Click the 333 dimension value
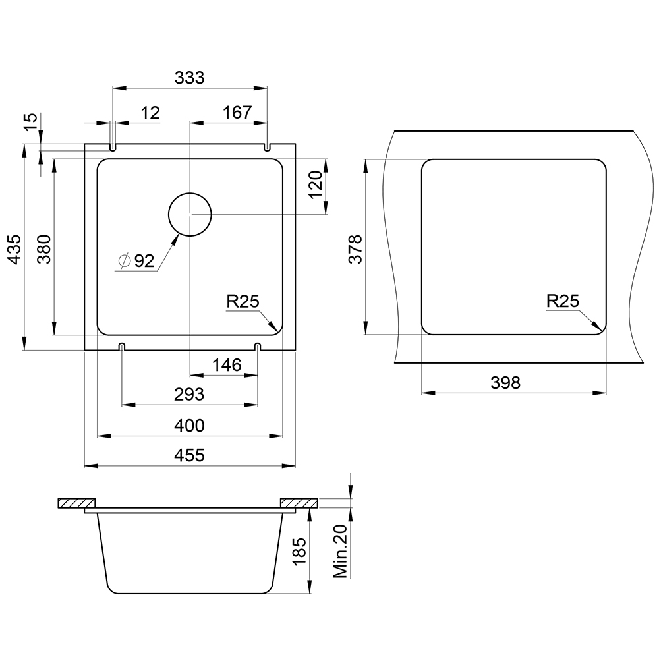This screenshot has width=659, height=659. click(190, 78)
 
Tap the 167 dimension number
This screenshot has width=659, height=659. click(237, 113)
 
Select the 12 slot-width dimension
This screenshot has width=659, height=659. click(150, 113)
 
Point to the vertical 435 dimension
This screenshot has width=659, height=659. click(15, 249)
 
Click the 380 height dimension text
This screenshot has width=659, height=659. click(45, 249)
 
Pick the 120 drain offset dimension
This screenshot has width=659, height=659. click(315, 185)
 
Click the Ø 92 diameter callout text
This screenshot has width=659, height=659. click(137, 261)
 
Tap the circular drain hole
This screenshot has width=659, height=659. click(190, 214)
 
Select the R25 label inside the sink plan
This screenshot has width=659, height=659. click(243, 301)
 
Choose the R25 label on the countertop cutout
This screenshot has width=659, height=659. click(563, 301)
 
